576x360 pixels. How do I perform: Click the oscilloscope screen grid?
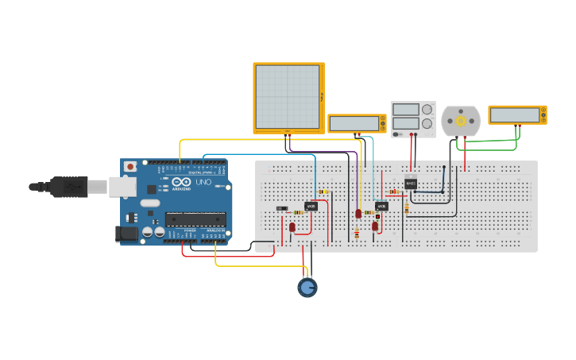coord(287,96)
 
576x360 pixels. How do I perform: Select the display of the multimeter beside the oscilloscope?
coord(354,123)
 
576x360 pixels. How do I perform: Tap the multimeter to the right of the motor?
coord(517,115)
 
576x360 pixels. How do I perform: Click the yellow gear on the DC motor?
coord(460,120)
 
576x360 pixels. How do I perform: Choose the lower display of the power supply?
coord(405,123)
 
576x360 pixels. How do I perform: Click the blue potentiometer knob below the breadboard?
coord(307,288)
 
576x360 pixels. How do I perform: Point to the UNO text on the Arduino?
coord(204,182)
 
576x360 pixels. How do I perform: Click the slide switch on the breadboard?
coord(280,209)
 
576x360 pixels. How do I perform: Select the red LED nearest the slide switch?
coord(292,227)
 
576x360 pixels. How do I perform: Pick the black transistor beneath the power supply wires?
coord(411,184)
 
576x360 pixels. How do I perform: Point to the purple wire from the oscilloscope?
coord(318,151)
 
